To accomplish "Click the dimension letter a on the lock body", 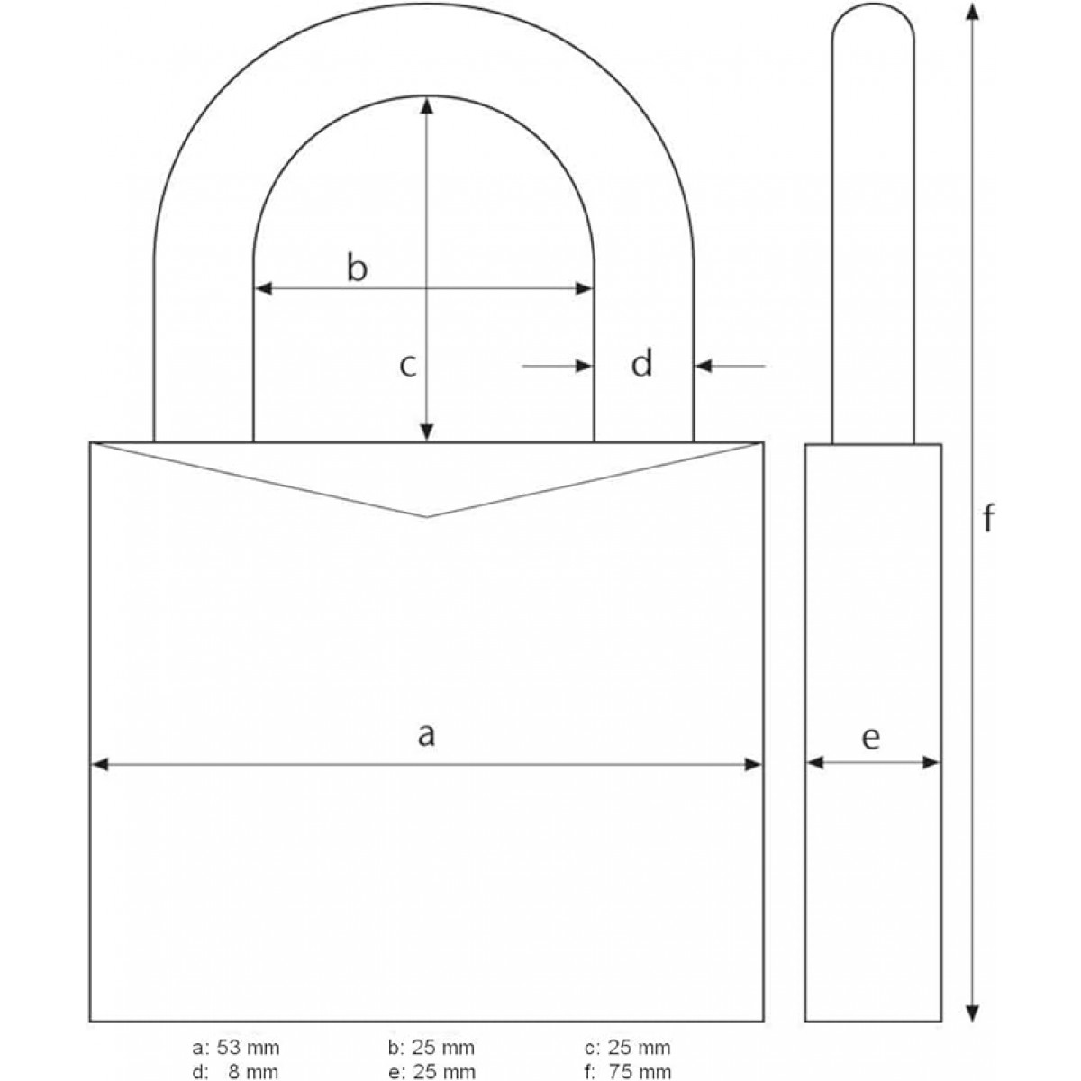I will (x=426, y=736).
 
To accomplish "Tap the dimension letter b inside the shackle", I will (x=358, y=268).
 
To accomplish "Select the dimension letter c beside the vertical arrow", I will (x=408, y=366).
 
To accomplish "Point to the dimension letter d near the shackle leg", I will (x=641, y=365).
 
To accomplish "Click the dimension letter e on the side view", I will (x=870, y=738).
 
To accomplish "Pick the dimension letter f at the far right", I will (x=988, y=519).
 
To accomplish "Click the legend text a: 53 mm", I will (x=236, y=1048).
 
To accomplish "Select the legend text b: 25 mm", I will (x=431, y=1048).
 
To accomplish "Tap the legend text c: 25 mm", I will (x=627, y=1048).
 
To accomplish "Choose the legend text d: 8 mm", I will (x=236, y=1071).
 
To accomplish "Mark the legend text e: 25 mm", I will (x=431, y=1071).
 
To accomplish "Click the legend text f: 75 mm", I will (x=627, y=1071).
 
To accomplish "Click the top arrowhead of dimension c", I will (x=427, y=106).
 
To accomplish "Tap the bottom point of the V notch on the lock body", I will (x=427, y=516).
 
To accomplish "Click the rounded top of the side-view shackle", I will (x=872, y=11).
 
